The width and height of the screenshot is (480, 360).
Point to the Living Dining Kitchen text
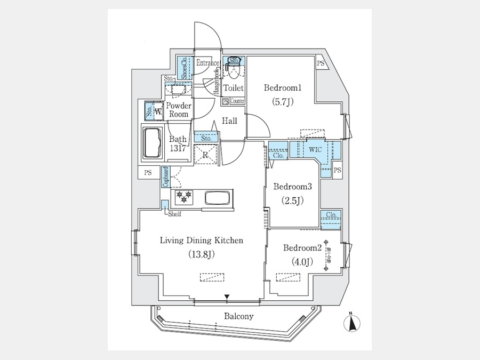[x=202, y=241]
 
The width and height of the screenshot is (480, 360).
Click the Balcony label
[x=238, y=316]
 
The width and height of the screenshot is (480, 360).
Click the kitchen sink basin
[x=217, y=198]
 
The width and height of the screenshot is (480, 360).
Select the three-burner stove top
[x=185, y=197]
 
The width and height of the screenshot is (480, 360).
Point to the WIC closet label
[x=315, y=150]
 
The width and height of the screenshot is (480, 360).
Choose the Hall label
[x=230, y=121]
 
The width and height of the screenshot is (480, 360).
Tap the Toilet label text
[x=233, y=88]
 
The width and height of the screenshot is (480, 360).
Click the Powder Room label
[x=179, y=110]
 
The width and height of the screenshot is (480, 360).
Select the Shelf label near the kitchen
[x=174, y=214]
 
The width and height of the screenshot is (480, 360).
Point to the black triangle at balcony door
[x=227, y=297]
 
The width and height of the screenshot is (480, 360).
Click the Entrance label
[x=207, y=63]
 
